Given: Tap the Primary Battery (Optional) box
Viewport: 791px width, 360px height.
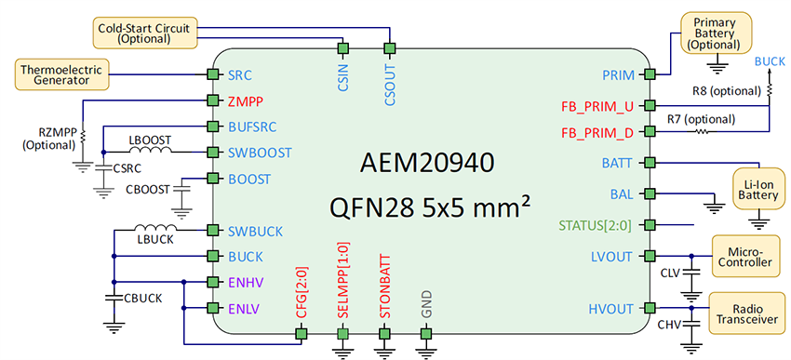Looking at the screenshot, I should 716,33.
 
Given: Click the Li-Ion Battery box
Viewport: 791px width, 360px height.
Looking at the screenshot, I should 756,184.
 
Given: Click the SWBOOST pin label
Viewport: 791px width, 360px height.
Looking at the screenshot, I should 260,152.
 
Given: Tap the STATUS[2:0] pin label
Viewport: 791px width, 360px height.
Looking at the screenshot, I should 596,224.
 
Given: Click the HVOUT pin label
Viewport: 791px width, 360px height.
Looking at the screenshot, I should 611,308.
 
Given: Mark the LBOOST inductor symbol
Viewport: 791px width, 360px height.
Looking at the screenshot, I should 149,151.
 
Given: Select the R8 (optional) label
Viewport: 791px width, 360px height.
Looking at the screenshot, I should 726,90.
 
